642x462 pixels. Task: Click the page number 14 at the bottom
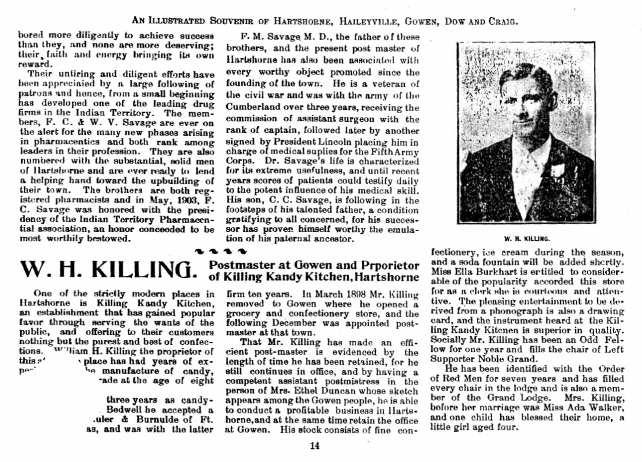[315, 446]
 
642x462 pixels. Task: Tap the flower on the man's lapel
[558, 170]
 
